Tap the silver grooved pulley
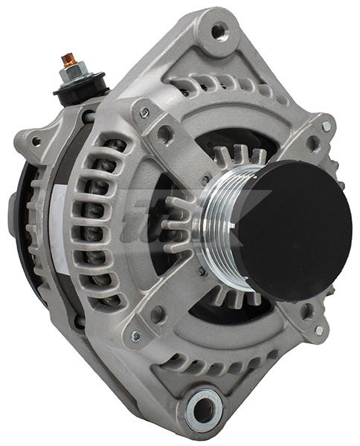[x=220, y=216]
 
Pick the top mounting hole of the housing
[x=218, y=31]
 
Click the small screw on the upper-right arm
[x=326, y=126]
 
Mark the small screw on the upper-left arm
[x=144, y=112]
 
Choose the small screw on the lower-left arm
[x=136, y=336]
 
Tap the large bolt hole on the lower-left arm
[x=158, y=315]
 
